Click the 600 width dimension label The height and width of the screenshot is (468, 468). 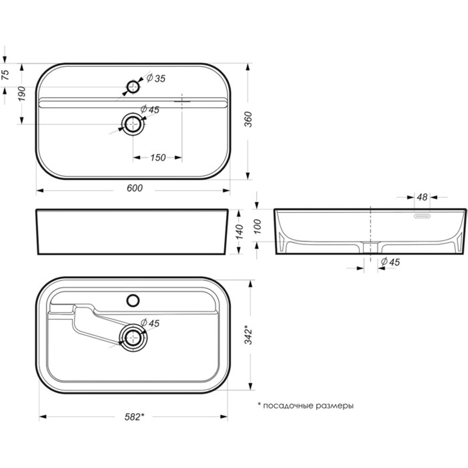pyautogui.click(x=135, y=188)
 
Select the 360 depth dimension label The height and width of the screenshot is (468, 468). pyautogui.click(x=248, y=119)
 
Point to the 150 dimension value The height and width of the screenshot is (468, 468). pyautogui.click(x=158, y=157)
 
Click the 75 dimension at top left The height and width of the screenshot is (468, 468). pyautogui.click(x=6, y=75)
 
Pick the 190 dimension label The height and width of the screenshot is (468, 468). pyautogui.click(x=22, y=94)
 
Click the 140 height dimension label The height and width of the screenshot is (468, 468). pyautogui.click(x=239, y=232)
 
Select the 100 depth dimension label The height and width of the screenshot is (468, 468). pyautogui.click(x=257, y=226)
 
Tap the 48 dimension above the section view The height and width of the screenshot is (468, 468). pyautogui.click(x=422, y=197)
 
